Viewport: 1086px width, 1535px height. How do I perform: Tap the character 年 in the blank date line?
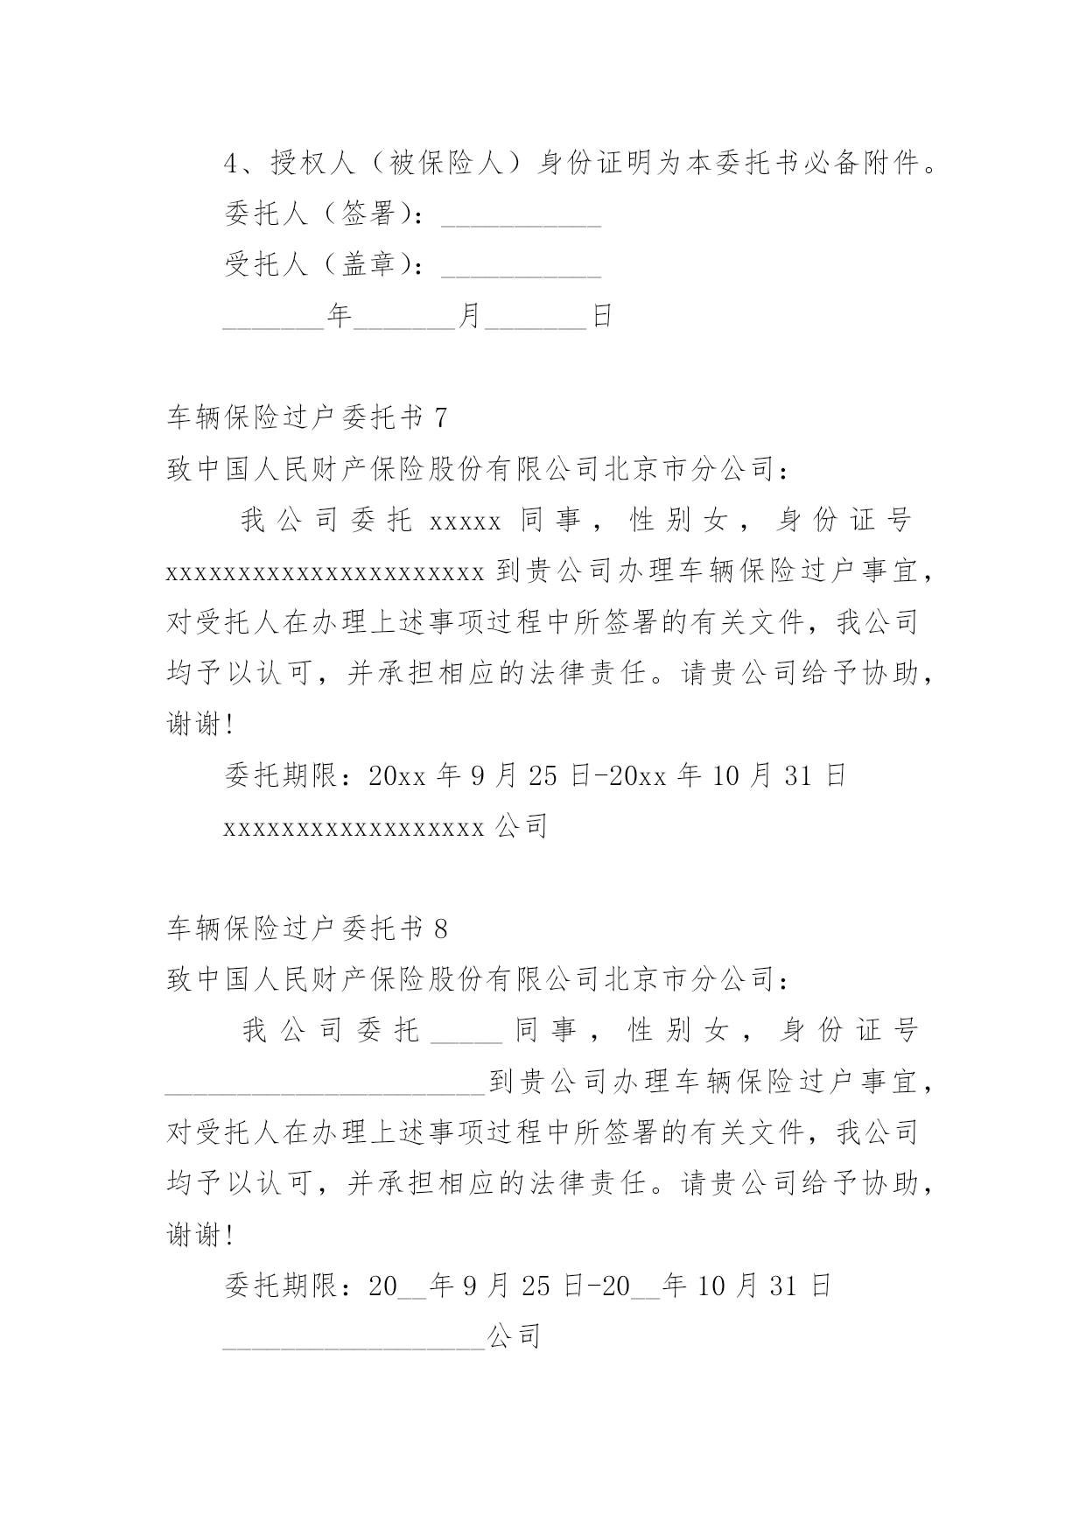[x=339, y=316]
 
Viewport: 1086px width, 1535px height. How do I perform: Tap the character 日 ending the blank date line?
[x=602, y=316]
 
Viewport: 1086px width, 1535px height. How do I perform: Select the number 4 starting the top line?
[x=232, y=164]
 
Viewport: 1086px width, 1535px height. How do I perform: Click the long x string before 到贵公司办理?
[x=325, y=573]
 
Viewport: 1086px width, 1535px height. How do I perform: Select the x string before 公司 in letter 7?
[x=354, y=827]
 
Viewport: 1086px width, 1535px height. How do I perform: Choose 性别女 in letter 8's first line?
[x=678, y=1031]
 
